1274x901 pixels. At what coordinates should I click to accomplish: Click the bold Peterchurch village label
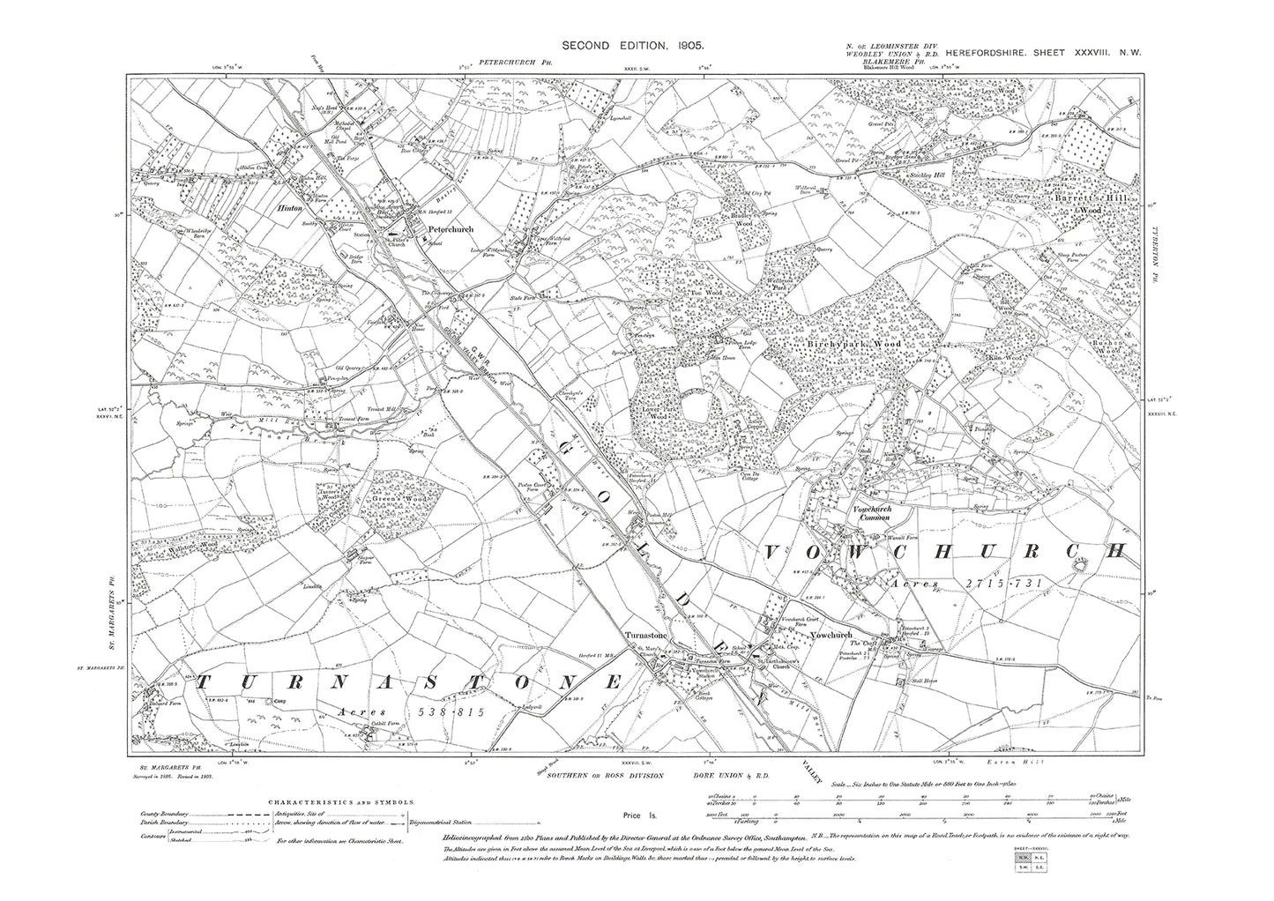pos(450,229)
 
